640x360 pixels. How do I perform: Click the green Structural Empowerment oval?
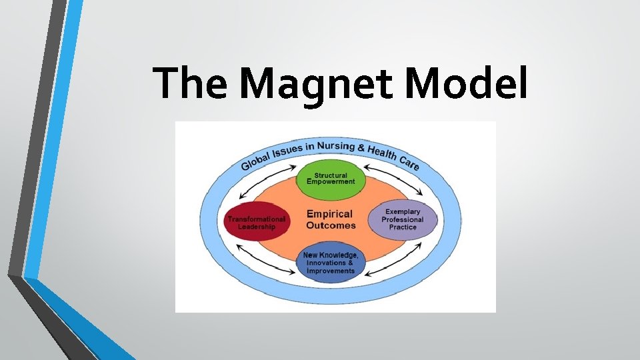(331, 179)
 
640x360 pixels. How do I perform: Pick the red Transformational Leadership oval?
(257, 223)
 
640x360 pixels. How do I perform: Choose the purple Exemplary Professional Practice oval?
(403, 219)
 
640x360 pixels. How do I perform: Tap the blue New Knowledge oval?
(331, 263)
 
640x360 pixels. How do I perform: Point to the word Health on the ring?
(382, 152)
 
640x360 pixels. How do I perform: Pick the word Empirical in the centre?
(329, 215)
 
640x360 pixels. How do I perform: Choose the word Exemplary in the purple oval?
(403, 211)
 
